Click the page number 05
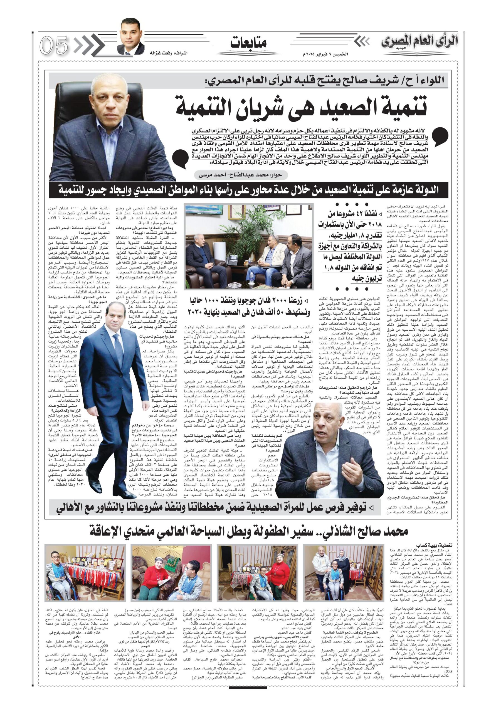(x=54, y=45)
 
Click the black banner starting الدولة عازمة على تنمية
(x=248, y=190)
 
